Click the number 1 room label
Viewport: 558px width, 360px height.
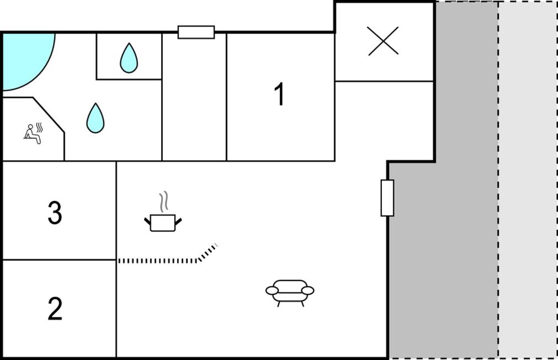click(x=280, y=94)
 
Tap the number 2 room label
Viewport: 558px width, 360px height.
click(x=55, y=309)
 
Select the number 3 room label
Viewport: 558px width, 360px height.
click(x=55, y=213)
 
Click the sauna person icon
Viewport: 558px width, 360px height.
click(x=33, y=134)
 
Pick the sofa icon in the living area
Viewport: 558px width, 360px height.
click(x=290, y=293)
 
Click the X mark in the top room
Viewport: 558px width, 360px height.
click(x=383, y=41)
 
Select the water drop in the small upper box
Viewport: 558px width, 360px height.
click(x=129, y=58)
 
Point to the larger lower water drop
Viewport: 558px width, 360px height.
click(x=95, y=118)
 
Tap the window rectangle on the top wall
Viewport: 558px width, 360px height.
click(x=196, y=32)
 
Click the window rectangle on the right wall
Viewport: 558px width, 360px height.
click(x=387, y=198)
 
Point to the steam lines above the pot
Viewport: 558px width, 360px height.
click(x=163, y=202)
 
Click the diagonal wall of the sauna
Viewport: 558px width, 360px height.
click(x=49, y=115)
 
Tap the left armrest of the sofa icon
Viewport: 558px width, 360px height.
click(x=272, y=290)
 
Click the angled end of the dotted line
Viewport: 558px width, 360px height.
click(x=208, y=252)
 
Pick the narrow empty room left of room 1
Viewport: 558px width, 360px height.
click(x=194, y=97)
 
